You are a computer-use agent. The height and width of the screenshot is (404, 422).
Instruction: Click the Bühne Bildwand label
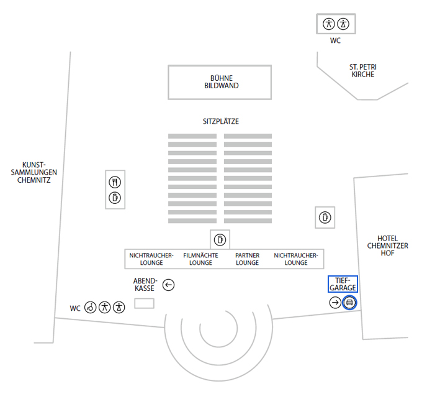(x=220, y=82)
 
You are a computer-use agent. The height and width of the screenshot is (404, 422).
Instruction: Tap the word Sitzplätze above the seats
(x=220, y=122)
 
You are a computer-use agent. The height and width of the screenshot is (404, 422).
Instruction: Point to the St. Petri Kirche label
(x=363, y=70)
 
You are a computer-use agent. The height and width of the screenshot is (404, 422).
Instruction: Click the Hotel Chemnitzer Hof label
(x=388, y=246)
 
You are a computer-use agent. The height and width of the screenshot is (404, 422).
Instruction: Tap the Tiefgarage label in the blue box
(x=343, y=284)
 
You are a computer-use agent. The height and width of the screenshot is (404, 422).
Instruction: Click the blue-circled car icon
(x=349, y=303)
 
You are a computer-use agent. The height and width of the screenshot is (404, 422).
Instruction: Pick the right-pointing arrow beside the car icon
(x=335, y=303)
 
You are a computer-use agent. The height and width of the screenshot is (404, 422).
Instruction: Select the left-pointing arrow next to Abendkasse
(x=169, y=285)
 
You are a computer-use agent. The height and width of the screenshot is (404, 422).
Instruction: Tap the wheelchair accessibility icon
(x=91, y=306)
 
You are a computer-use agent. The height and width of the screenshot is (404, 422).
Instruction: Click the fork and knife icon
(x=115, y=183)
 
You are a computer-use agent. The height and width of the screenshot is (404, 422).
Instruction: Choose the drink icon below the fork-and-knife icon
(x=115, y=198)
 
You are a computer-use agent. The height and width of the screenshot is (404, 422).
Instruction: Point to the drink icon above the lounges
(x=220, y=239)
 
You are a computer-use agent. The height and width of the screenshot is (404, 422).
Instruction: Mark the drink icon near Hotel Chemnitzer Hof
(x=325, y=217)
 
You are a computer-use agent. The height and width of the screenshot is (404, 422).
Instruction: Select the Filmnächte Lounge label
(x=200, y=259)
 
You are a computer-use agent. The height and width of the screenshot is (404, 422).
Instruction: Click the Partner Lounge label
(x=247, y=259)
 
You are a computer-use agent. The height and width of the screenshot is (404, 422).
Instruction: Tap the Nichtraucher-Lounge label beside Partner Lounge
(x=295, y=259)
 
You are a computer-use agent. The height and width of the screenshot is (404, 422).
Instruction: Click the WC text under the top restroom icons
(x=335, y=41)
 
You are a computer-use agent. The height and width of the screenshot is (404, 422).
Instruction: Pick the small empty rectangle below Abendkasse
(x=145, y=303)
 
